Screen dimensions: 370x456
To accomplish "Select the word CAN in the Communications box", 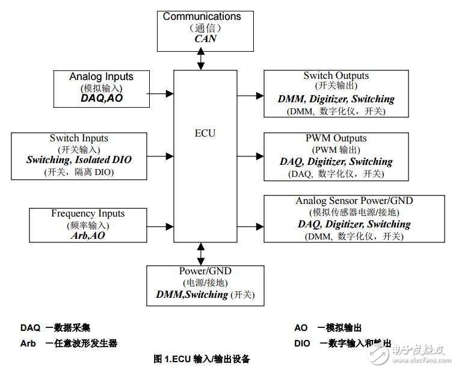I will coord(205,39).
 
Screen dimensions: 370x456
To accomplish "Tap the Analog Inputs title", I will coord(101,76).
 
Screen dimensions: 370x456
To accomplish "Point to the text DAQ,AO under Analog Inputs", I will coord(101,97).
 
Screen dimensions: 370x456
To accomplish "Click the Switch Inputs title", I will coord(79,138).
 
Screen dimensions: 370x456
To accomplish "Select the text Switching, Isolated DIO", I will coord(79,160).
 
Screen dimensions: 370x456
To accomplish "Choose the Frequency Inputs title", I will coord(88,214).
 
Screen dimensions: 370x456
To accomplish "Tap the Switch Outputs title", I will coord(336,76).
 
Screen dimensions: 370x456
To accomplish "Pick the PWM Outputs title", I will coord(336,138).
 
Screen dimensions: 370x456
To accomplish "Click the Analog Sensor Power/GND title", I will coord(354,200).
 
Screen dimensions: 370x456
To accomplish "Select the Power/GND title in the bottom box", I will coord(205,271).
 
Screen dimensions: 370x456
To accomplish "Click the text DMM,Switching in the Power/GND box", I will coord(192,294).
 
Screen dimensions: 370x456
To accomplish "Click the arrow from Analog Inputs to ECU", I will coord(161,94).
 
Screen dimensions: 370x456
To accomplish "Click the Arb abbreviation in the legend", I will coord(29,343).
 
